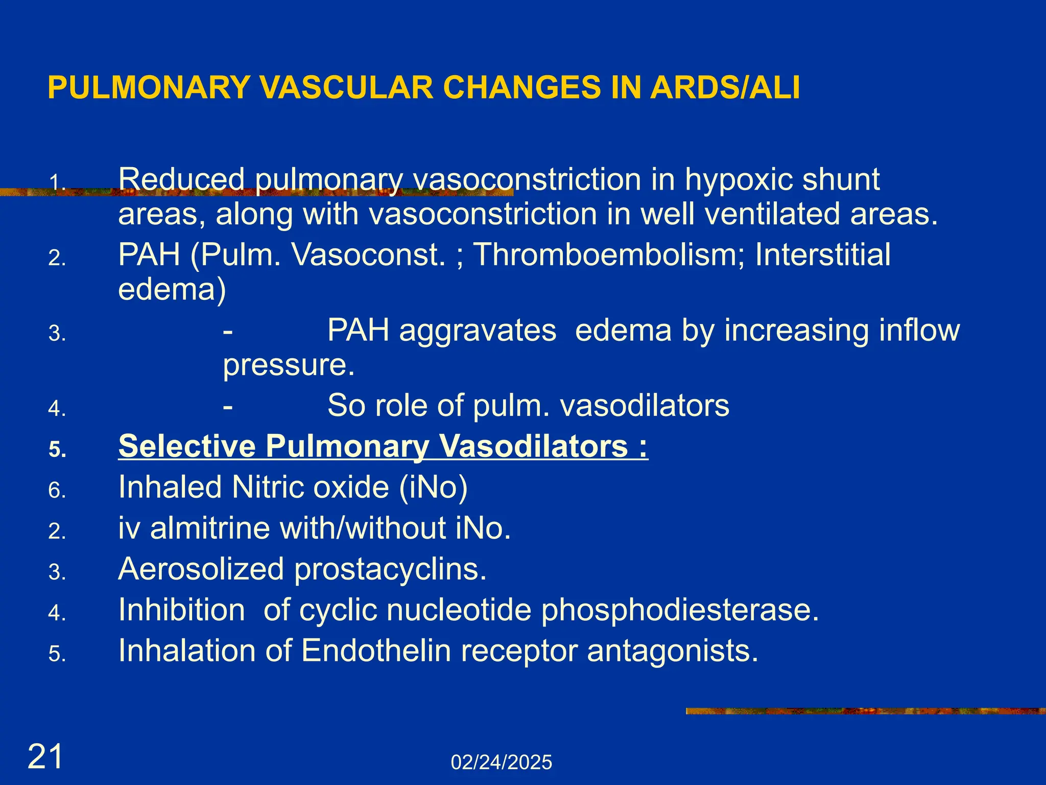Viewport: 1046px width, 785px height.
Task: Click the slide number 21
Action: [45, 756]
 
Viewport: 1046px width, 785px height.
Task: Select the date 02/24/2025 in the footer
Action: [501, 763]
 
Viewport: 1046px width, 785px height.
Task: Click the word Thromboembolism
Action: [609, 255]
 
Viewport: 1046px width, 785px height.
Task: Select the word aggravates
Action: [478, 331]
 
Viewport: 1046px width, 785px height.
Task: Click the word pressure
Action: [289, 365]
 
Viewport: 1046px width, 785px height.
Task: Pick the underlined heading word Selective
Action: [186, 446]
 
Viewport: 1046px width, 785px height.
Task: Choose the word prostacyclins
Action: [390, 569]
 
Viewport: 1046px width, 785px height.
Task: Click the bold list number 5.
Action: [57, 450]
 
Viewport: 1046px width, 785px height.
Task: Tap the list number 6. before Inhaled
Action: [57, 491]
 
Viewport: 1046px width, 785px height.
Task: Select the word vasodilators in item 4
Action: [645, 406]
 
